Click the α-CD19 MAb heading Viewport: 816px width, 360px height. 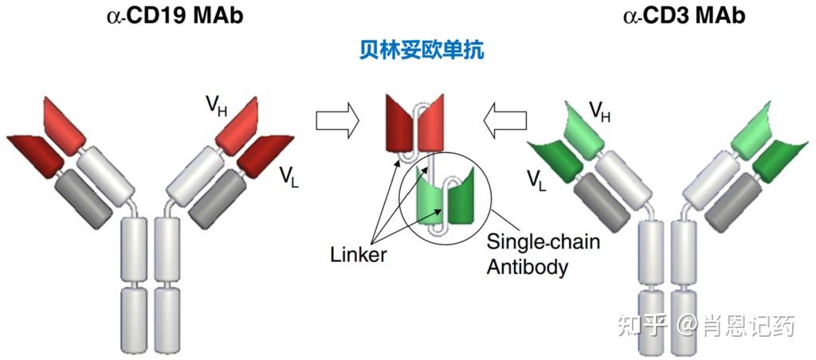click(x=175, y=15)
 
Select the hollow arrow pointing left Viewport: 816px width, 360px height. click(x=505, y=120)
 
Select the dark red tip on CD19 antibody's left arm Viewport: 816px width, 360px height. click(x=35, y=156)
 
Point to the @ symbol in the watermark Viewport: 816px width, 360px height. click(x=686, y=327)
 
